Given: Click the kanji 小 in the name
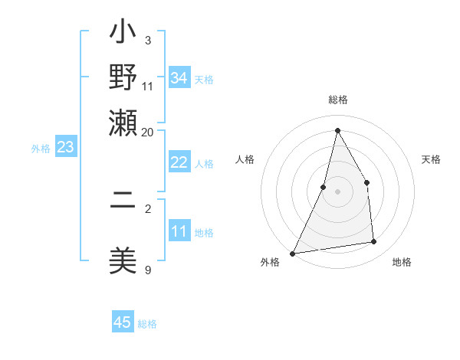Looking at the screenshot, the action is (123, 33).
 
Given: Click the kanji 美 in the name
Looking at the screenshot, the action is (123, 260).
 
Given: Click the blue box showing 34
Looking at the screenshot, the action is (179, 77).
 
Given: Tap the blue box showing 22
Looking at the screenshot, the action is (179, 162).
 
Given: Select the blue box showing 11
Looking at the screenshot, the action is (179, 231).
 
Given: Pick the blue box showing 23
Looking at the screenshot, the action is (65, 147).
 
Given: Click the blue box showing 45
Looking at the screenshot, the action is (123, 322).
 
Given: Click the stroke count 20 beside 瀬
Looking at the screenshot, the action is (147, 132).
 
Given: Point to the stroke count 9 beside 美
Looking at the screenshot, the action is (147, 270).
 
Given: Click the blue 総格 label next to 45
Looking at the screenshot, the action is (147, 324).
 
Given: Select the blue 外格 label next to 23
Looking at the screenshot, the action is (41, 149).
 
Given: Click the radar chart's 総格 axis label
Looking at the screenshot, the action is (337, 100).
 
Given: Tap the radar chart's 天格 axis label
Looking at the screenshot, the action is (431, 159).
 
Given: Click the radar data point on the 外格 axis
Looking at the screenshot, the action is (292, 253).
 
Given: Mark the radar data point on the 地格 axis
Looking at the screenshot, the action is (374, 242).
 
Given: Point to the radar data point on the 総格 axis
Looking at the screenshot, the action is (337, 130).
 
